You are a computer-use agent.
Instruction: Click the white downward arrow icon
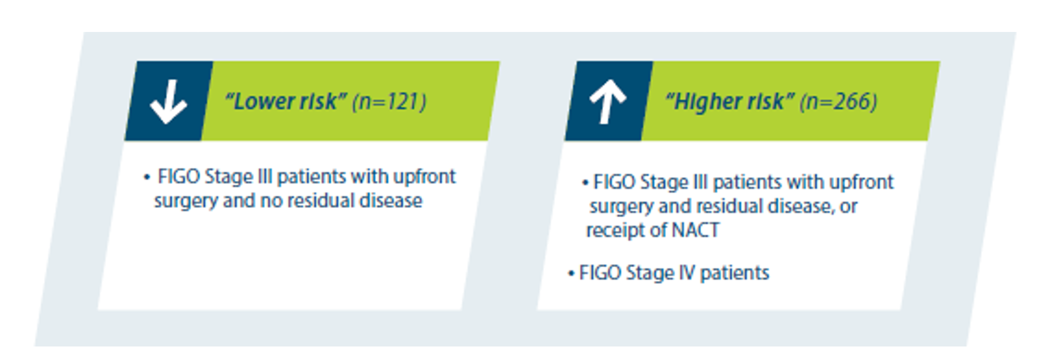(168, 102)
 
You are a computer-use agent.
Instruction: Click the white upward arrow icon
(608, 102)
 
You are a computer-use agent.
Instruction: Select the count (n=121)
(389, 102)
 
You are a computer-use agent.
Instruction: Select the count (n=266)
(838, 102)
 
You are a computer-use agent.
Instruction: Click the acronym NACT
(695, 230)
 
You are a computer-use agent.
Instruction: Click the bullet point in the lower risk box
(147, 177)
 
